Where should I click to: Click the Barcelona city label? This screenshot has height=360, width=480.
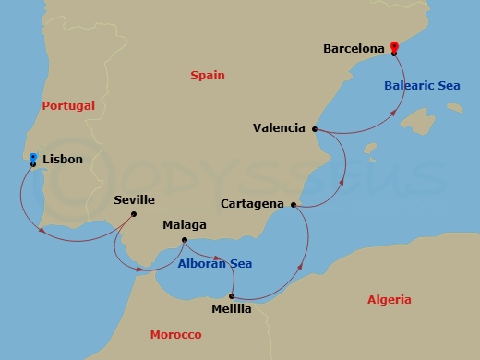(354, 48)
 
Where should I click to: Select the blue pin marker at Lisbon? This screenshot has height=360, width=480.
(33, 158)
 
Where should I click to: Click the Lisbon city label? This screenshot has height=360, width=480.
(63, 159)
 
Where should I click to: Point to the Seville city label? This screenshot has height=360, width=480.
(134, 199)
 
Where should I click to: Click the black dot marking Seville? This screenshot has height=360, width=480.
(134, 215)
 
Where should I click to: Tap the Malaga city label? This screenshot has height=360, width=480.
(184, 224)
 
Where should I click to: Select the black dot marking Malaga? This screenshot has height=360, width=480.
(184, 241)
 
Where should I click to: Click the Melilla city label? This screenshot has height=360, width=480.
(231, 309)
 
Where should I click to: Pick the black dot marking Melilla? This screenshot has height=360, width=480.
(231, 296)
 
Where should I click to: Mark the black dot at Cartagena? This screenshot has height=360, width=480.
(294, 205)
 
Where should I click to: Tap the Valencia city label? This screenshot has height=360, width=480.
(279, 128)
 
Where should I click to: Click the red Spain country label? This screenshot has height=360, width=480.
(208, 75)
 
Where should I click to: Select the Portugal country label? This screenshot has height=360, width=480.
(68, 106)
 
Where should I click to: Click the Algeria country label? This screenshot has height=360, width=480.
(390, 299)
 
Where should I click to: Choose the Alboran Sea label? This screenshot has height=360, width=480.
(216, 263)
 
